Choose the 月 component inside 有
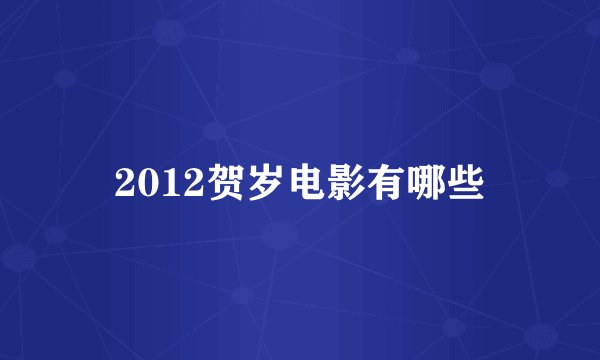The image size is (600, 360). [392, 189]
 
